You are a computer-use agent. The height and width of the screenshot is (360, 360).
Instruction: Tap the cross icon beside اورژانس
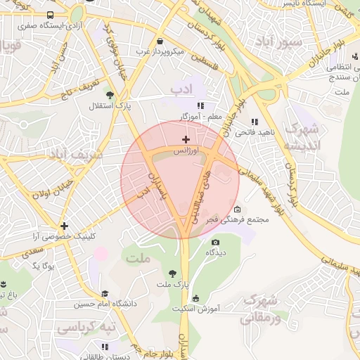tap(186, 140)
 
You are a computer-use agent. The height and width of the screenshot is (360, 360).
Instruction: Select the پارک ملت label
tap(174, 284)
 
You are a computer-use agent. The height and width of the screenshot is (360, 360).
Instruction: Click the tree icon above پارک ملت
tap(173, 274)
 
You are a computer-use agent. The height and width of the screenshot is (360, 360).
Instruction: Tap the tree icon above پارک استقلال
tap(109, 94)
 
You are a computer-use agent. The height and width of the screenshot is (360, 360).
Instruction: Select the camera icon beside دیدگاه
tap(215, 243)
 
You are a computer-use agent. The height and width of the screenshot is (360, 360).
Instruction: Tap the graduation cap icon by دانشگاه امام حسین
tap(105, 294)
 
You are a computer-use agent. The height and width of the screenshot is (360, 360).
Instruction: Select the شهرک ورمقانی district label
tap(261, 309)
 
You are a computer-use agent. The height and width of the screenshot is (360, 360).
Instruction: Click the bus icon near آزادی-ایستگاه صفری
tap(50, 15)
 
